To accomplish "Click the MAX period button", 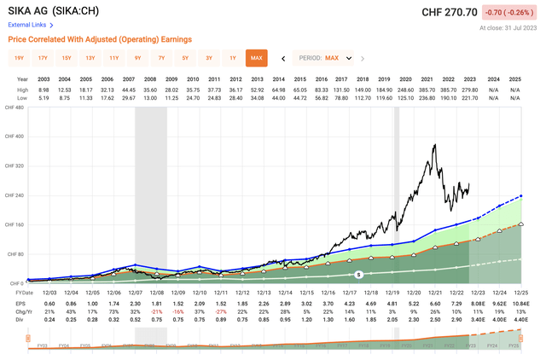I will (x=257, y=58).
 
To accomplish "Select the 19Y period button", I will (x=18, y=58).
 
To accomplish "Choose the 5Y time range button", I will (x=185, y=58).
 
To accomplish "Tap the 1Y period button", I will (x=233, y=58).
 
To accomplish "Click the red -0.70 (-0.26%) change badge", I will (x=511, y=12).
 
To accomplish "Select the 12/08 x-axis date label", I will (x=150, y=291).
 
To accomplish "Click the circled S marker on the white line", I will (x=359, y=274).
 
